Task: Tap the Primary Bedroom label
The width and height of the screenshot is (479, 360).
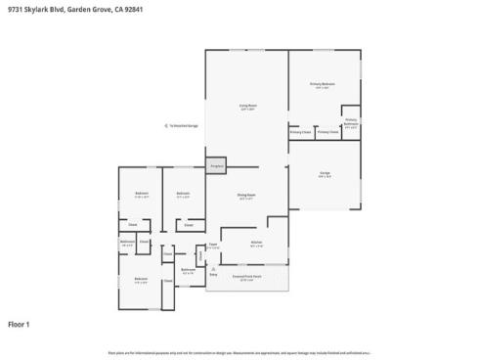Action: [323, 85]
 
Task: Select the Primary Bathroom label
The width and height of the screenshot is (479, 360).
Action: [351, 123]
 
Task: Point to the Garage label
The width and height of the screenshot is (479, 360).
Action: [324, 173]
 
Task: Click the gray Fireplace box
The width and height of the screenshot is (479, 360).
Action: [216, 166]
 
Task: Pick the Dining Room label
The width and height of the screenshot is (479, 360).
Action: [246, 196]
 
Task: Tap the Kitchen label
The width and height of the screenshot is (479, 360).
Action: [256, 244]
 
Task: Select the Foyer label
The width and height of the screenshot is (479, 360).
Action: [213, 246]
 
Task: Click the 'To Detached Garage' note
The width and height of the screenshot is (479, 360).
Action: [183, 125]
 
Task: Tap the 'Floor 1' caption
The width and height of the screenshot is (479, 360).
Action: [20, 324]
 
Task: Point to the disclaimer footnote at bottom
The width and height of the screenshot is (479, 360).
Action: [239, 352]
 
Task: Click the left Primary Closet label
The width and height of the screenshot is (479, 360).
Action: [300, 132]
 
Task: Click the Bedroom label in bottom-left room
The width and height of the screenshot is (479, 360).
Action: [140, 282]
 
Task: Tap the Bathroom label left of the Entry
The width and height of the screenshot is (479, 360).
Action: [189, 270]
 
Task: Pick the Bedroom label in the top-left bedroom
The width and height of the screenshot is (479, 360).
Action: [142, 194]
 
